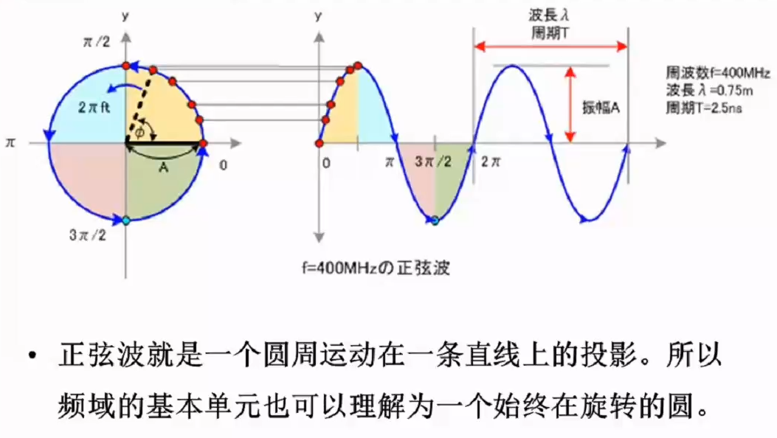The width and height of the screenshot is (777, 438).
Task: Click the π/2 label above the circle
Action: coord(97,41)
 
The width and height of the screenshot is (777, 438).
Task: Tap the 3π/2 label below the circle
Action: coord(88,234)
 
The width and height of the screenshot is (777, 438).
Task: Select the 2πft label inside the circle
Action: coord(94,107)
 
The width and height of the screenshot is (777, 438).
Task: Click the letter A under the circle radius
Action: coord(163,168)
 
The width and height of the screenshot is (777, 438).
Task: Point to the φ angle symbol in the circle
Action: coord(140,132)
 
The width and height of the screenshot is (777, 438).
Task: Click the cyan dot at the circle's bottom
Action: coord(126,220)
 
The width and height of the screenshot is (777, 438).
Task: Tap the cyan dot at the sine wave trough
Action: coord(435,220)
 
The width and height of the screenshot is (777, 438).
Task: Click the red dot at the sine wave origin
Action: coord(319,144)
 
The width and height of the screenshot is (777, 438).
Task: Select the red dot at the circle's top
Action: coord(126,66)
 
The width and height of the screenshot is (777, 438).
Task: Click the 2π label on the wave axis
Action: coord(491,161)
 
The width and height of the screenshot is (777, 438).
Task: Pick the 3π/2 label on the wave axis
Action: coord(433,161)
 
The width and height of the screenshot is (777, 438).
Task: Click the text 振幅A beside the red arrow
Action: coord(601,108)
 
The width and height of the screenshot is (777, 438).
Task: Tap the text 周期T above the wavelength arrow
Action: coord(550,33)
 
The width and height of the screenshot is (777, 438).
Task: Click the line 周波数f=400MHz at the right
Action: coord(717,73)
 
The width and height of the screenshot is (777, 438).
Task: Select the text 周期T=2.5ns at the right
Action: coord(704,108)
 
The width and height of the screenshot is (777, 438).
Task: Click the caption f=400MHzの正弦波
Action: coord(376,268)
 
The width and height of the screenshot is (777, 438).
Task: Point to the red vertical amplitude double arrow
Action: coord(570,105)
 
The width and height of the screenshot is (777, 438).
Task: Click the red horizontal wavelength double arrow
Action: coord(551,47)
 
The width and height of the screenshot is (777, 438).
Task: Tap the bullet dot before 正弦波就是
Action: coord(32,355)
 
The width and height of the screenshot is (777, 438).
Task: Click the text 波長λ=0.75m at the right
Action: coord(710,91)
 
